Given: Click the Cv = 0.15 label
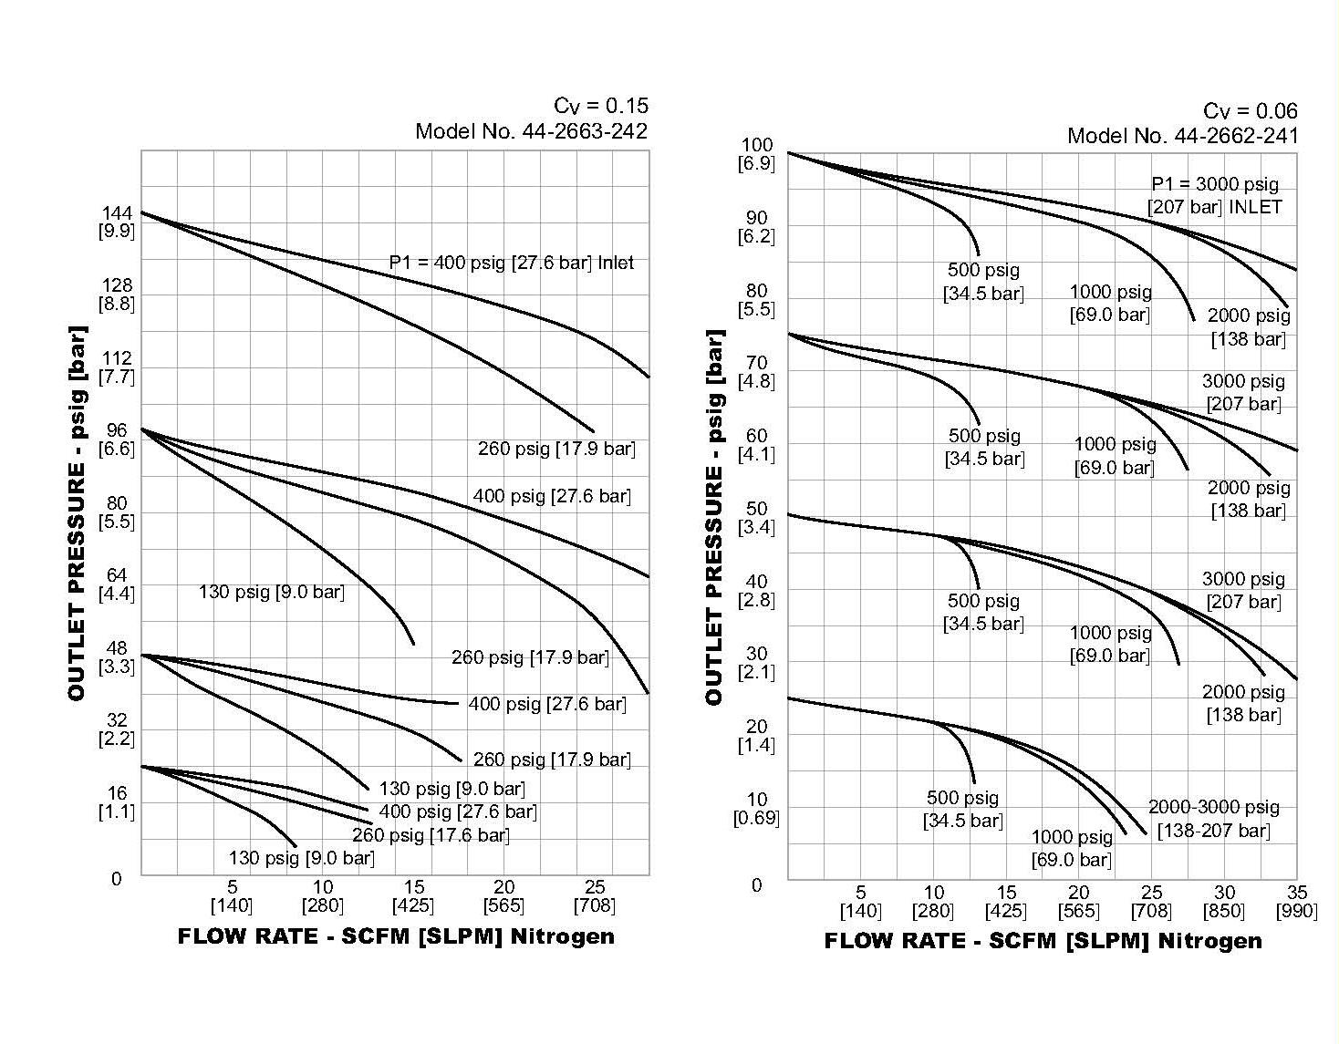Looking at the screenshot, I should [600, 106].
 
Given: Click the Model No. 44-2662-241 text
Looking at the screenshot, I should [1182, 136].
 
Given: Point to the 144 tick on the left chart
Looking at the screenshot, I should [117, 222].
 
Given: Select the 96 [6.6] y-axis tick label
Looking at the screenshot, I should [117, 439].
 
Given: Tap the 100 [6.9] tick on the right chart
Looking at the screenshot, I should [756, 154].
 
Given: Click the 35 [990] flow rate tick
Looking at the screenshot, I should [1296, 902].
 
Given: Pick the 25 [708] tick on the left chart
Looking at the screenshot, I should [595, 896].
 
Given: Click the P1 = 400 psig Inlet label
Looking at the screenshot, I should [511, 263].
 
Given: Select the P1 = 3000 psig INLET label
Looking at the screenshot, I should [1215, 195].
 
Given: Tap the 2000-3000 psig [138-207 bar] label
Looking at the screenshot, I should [1213, 819].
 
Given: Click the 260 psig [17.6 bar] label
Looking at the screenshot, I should [431, 835].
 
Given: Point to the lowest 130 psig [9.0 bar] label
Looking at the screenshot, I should [301, 858].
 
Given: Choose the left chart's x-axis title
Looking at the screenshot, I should [396, 936].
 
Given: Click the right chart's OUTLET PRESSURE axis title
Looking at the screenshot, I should [714, 517].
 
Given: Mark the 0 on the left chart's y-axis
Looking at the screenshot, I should [117, 879].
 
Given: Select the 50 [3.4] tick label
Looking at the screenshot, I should [756, 518].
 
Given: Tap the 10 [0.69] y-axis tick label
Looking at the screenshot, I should [756, 809].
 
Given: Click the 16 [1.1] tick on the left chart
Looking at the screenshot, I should [117, 802].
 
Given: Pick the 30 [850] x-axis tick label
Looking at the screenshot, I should [1223, 902].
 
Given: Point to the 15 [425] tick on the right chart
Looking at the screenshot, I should [1005, 902].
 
